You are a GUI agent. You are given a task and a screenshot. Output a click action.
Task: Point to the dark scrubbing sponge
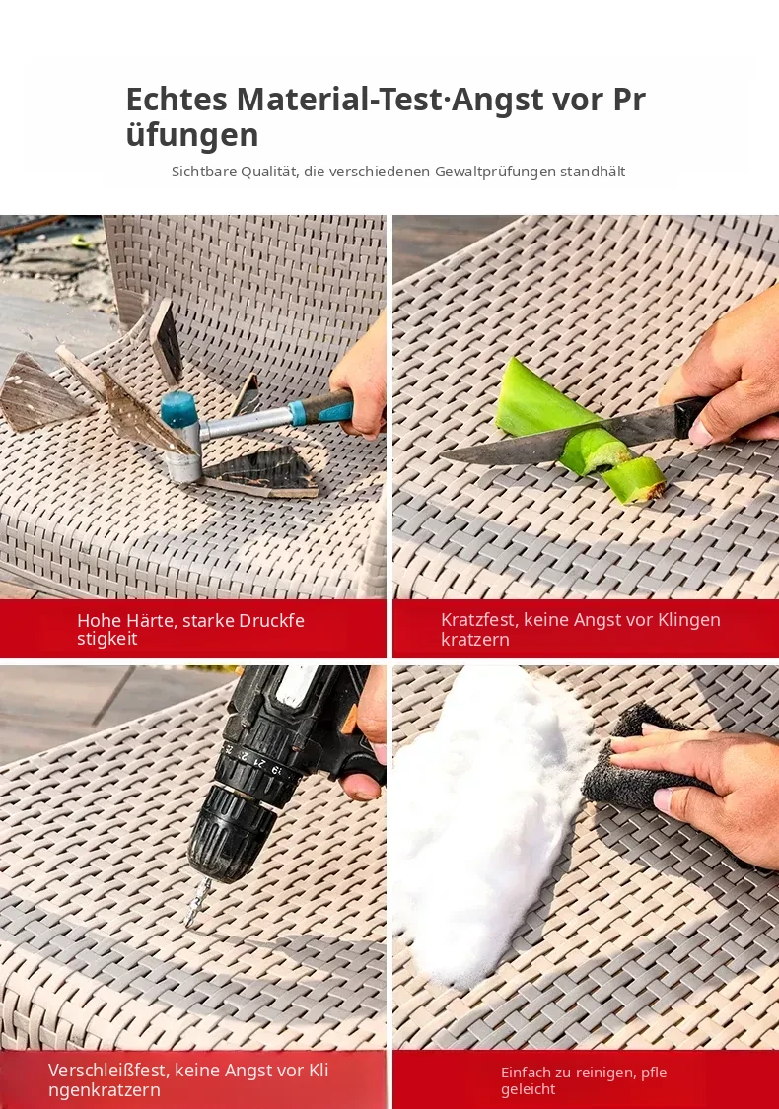click(x=640, y=759)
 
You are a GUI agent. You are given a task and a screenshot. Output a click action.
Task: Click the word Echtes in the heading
click(x=177, y=99)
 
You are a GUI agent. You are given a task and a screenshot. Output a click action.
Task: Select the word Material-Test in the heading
click(x=339, y=99)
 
